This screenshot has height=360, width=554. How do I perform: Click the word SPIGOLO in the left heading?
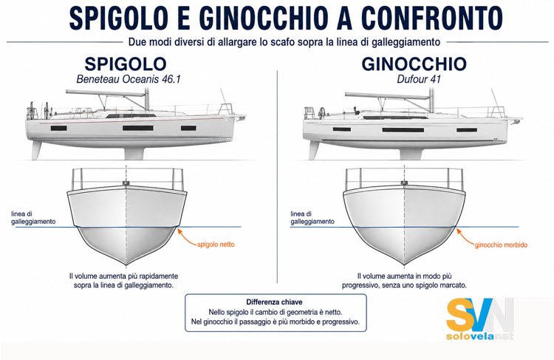[x=126, y=64]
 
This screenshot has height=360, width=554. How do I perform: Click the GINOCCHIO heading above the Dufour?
[x=414, y=64]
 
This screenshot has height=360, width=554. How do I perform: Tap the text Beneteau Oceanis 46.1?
[x=129, y=79]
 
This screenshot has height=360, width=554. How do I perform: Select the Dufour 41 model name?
[x=419, y=79]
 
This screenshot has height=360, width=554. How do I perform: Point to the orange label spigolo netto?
[x=216, y=245]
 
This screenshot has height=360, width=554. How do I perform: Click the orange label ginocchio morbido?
[x=501, y=245]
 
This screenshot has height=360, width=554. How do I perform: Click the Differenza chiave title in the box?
[x=274, y=302]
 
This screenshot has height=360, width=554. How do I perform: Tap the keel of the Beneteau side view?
[x=134, y=154]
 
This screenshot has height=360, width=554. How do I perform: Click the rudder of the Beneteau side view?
[x=37, y=150]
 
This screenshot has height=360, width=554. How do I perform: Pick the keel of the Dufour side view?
[x=411, y=154]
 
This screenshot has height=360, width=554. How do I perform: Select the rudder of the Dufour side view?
[x=314, y=150]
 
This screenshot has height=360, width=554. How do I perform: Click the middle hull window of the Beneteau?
[x=138, y=128]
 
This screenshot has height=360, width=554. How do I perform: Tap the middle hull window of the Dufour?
[x=403, y=130]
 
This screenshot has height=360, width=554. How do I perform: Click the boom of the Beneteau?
[x=106, y=93]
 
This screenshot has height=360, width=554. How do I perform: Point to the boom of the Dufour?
[x=387, y=95]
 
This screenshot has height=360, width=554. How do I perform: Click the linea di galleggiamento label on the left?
[x=33, y=218]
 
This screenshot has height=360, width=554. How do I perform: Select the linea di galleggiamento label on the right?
[x=312, y=218]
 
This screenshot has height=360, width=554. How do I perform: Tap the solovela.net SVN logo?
[x=480, y=319]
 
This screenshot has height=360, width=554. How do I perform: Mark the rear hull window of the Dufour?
[x=342, y=129]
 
